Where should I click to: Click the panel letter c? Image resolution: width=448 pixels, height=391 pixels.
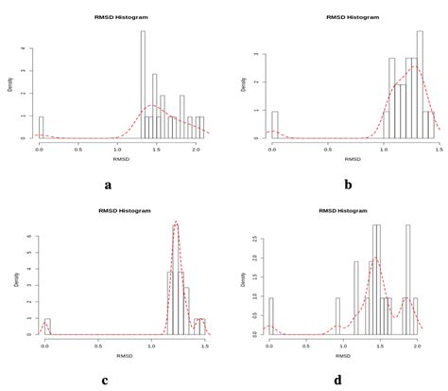(x=106, y=381)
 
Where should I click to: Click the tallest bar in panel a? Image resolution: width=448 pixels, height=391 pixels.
(x=143, y=84)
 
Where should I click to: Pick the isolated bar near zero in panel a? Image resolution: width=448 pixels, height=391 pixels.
(x=41, y=128)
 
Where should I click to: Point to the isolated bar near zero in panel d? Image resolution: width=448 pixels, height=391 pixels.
(x=270, y=316)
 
